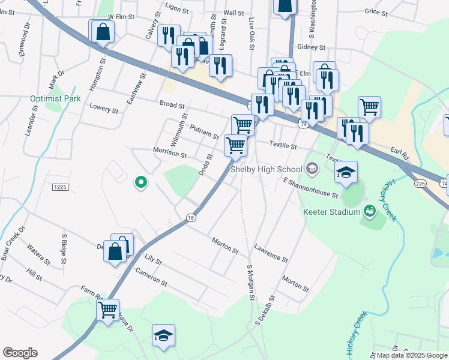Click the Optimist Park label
click(55, 98)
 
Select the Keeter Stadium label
click(331, 211)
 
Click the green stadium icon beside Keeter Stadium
click(370, 211)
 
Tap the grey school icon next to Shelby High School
click(312, 170)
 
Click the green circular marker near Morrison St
click(140, 181)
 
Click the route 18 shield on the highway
click(191, 217)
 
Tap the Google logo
click(20, 353)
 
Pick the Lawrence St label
click(271, 253)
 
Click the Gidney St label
click(311, 47)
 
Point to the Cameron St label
click(151, 276)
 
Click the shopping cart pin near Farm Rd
click(108, 310)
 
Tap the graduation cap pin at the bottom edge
click(163, 335)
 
